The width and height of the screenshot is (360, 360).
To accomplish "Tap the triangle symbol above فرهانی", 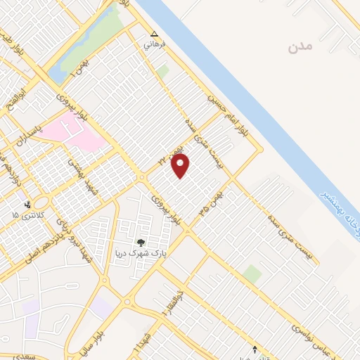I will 155,34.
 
